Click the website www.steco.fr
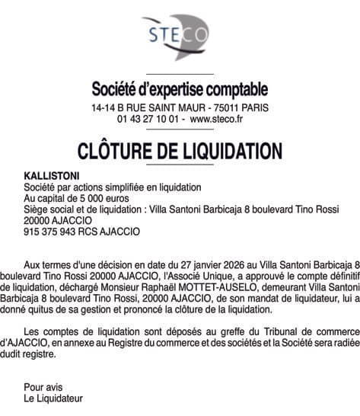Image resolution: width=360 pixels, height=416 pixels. point(216,120)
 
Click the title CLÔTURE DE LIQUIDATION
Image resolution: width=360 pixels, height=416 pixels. point(180,149)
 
